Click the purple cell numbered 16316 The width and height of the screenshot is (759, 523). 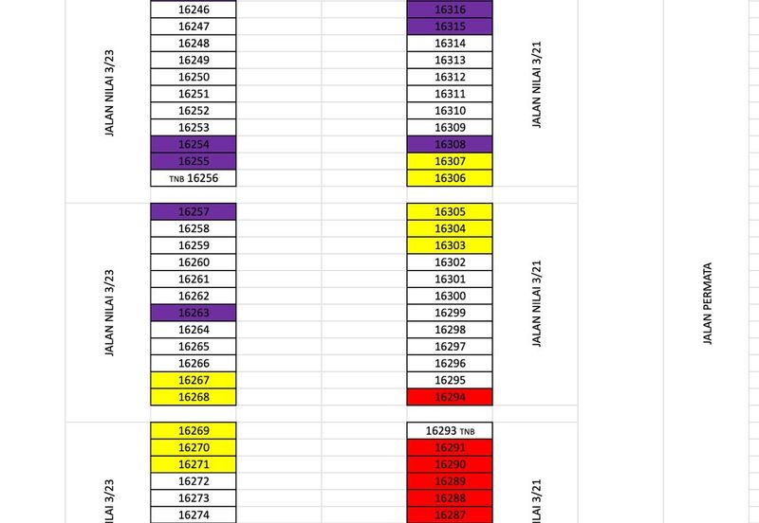click(450, 9)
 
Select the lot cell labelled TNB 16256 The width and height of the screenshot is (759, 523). click(194, 177)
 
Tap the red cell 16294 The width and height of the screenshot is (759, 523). click(450, 396)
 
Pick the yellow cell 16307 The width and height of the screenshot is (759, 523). click(450, 161)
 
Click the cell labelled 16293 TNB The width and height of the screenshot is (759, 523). click(450, 430)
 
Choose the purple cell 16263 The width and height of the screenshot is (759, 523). click(194, 313)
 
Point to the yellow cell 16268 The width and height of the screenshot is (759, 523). click(194, 396)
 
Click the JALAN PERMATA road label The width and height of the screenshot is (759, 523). click(708, 304)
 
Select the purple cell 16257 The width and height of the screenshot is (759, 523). click(194, 211)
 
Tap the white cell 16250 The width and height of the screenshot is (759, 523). click(194, 77)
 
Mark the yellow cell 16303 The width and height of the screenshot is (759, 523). click(450, 245)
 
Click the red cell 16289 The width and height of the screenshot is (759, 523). click(450, 481)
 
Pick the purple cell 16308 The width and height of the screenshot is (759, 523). click(450, 144)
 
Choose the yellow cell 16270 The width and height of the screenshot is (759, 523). click(194, 447)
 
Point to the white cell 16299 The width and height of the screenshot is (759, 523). click(450, 313)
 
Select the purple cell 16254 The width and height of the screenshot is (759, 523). click(194, 144)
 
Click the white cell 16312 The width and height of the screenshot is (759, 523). click(450, 77)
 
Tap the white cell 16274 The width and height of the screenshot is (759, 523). click(194, 514)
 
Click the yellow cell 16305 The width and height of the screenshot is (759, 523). click(450, 211)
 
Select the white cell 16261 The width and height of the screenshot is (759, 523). click(194, 279)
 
